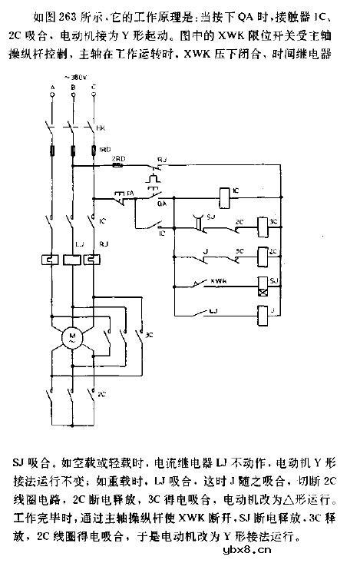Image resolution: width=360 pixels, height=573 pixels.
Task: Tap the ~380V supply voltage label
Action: (74, 78)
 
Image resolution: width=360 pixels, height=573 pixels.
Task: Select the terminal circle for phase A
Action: (50, 94)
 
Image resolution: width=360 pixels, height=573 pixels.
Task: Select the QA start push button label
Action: (162, 205)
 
